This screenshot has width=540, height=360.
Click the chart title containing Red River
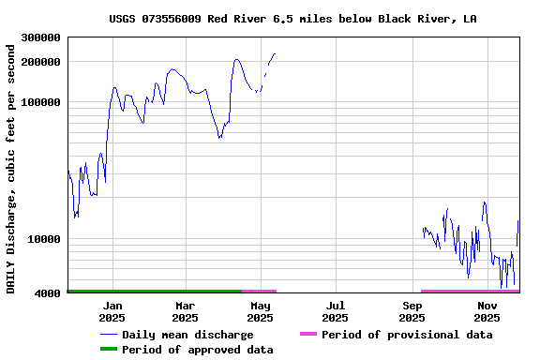(x=292, y=18)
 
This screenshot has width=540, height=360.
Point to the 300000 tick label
(x=40, y=37)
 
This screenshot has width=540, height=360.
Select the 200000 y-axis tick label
(x=40, y=62)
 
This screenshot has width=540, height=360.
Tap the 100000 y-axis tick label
(x=40, y=102)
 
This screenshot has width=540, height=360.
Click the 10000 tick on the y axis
(x=44, y=239)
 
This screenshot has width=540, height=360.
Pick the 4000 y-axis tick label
(x=48, y=293)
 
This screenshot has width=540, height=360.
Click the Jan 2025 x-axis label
(x=112, y=311)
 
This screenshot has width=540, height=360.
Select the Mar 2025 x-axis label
(x=186, y=311)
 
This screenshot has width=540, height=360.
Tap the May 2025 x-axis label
(x=260, y=311)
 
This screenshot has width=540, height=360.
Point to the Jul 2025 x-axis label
(x=336, y=311)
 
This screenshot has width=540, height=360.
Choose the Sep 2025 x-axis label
(x=412, y=311)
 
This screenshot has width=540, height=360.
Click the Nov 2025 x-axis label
(x=487, y=311)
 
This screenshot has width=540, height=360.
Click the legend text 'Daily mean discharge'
(x=187, y=335)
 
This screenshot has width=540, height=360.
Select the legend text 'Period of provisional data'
(x=407, y=335)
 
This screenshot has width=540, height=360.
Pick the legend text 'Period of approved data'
(x=197, y=350)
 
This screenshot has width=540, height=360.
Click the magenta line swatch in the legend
(x=307, y=335)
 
